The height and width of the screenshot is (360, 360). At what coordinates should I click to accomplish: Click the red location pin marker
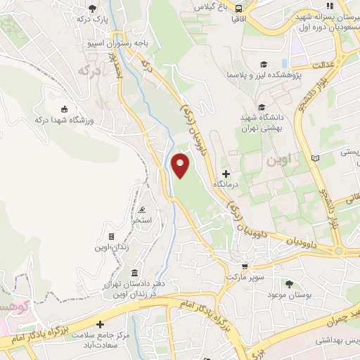pos(181,165)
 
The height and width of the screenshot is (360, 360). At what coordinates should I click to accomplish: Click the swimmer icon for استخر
pos(143,210)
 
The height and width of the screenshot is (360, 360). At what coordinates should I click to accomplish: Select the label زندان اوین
pos(112,247)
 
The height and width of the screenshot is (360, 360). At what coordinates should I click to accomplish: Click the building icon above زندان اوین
pos(111,237)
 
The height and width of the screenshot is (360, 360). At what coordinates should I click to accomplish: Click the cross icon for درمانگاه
pos(226,174)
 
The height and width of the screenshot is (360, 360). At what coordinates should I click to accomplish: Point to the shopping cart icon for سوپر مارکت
pos(245,266)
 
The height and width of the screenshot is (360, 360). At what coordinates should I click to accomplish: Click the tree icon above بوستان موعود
pos(289,283)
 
